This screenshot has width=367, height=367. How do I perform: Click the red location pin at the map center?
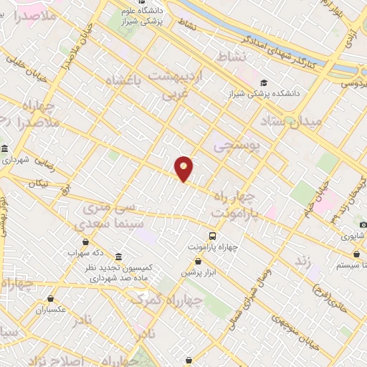(184, 168)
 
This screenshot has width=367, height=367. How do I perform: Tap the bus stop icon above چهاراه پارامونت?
(212, 235)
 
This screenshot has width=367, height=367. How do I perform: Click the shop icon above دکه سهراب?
(87, 242)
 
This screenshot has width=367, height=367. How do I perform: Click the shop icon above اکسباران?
(51, 298)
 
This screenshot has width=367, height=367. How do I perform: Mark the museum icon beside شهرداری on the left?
(5, 148)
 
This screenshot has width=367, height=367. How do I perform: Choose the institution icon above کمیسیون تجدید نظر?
(118, 257)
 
